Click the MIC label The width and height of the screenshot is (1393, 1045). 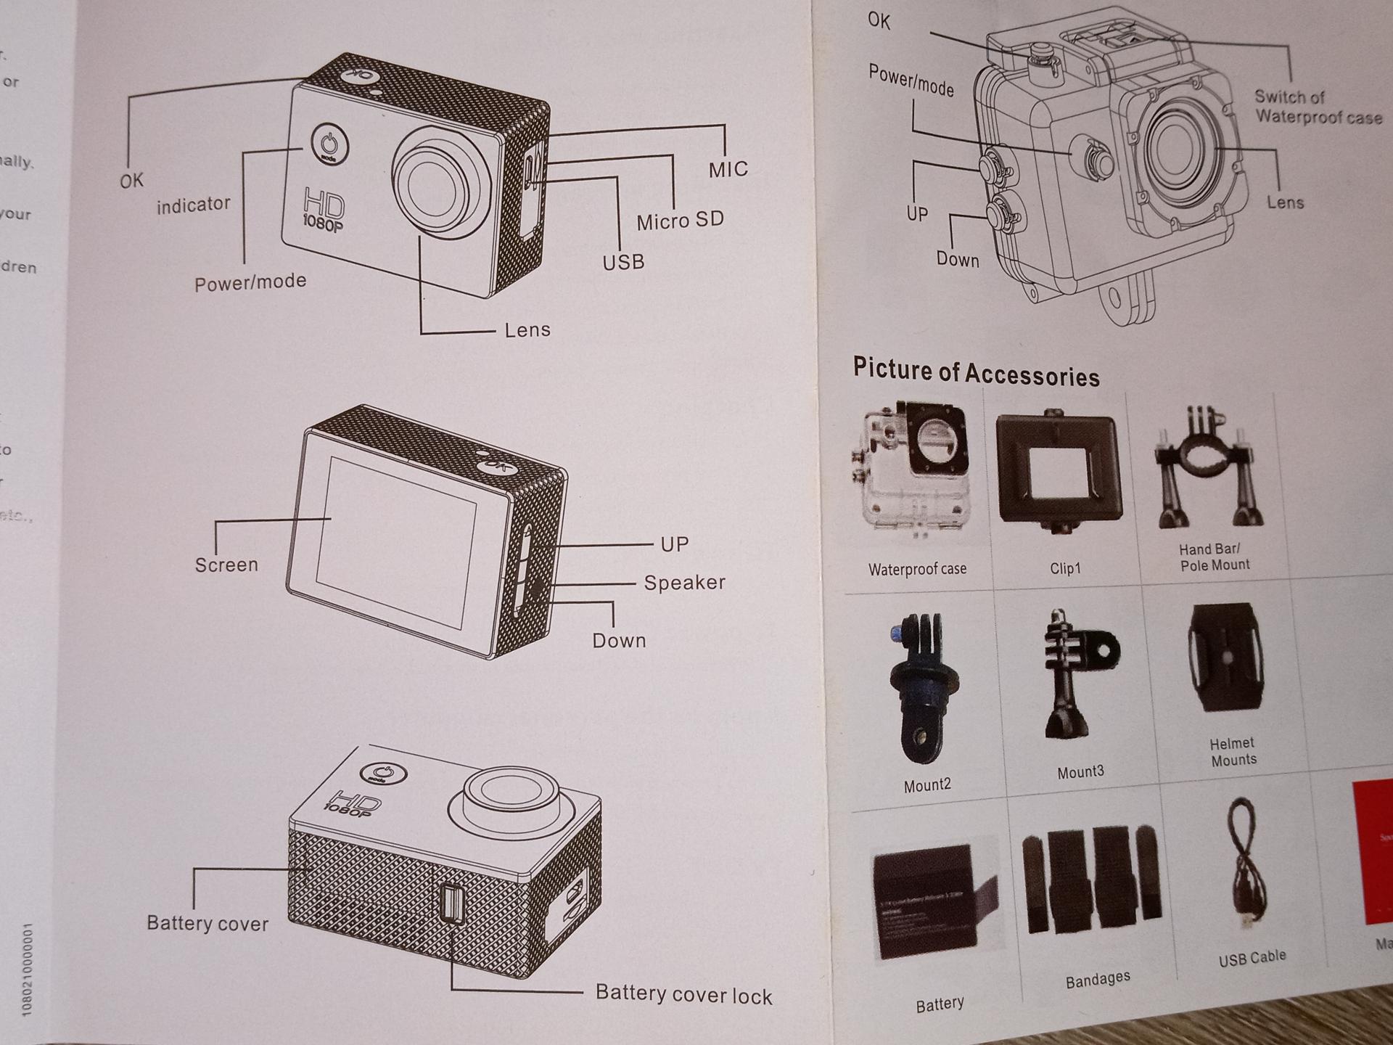(728, 169)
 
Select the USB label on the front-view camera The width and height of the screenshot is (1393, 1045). (623, 261)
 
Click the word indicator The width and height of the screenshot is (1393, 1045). (193, 205)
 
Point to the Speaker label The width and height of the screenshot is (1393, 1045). (684, 583)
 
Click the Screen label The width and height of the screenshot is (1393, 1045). (226, 565)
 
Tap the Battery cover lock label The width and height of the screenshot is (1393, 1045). (683, 994)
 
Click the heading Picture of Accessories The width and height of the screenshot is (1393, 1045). (976, 372)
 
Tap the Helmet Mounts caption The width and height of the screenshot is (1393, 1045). (1233, 752)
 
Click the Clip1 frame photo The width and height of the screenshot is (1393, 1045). (1058, 470)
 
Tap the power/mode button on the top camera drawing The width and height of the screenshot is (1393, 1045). (329, 143)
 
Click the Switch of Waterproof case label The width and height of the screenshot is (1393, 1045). (1318, 107)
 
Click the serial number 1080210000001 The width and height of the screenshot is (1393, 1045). (28, 970)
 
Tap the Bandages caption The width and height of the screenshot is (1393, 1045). (1097, 979)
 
